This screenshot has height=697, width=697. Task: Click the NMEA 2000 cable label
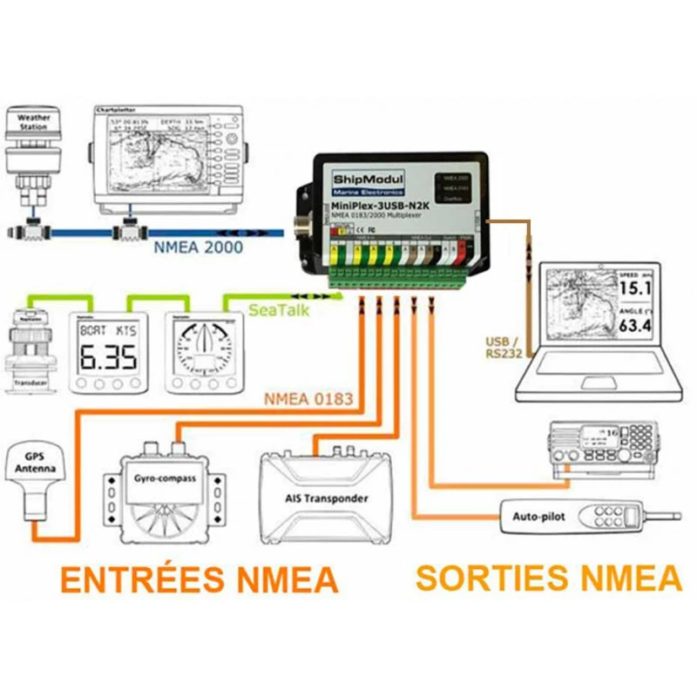(198, 247)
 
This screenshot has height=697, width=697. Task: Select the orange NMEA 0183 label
(309, 400)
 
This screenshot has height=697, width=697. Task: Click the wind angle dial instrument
(200, 347)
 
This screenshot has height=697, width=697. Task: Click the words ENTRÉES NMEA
(199, 579)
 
